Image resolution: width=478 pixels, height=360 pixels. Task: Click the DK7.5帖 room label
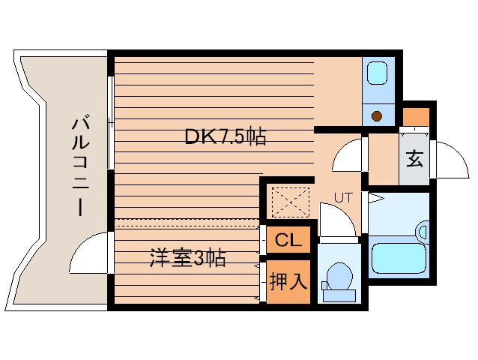click(226, 137)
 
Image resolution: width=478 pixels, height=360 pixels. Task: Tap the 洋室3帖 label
click(187, 258)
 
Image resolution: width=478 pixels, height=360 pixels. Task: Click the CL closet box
click(288, 240)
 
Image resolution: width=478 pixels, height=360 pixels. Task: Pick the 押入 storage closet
click(288, 281)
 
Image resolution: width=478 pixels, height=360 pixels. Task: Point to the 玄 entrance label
click(414, 159)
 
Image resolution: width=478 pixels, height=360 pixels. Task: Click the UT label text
click(343, 198)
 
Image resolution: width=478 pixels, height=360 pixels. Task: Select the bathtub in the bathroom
click(399, 256)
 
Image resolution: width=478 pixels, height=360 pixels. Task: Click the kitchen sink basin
click(377, 73)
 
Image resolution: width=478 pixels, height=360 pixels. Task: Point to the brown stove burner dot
click(377, 116)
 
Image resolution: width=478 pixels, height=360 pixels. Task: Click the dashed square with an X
click(290, 202)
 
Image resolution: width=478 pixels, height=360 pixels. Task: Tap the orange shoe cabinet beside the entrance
click(416, 117)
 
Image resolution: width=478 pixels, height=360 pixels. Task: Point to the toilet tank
click(339, 295)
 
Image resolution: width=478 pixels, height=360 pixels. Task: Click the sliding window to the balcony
click(112, 122)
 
